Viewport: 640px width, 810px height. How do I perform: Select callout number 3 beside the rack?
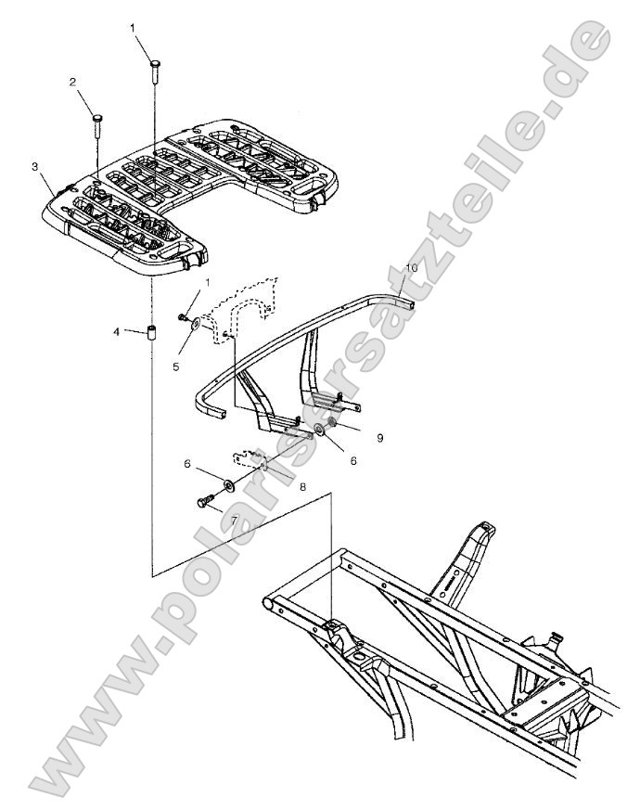tap(34, 166)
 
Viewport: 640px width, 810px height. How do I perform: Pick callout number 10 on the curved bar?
tap(412, 267)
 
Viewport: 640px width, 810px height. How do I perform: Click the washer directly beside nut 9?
tap(320, 430)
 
